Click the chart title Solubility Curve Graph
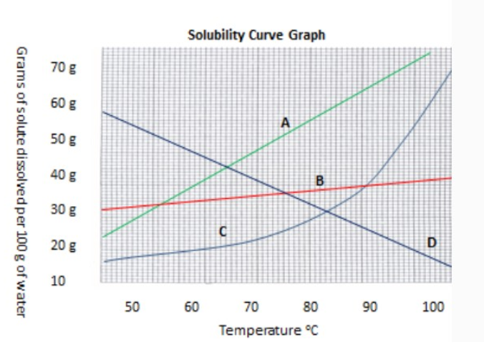256,34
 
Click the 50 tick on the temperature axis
132,307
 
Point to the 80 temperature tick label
310,307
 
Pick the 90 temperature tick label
370,307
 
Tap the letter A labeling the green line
284,122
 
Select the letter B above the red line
320,179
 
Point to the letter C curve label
223,230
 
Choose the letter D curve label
431,243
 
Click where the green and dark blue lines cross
227,167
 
